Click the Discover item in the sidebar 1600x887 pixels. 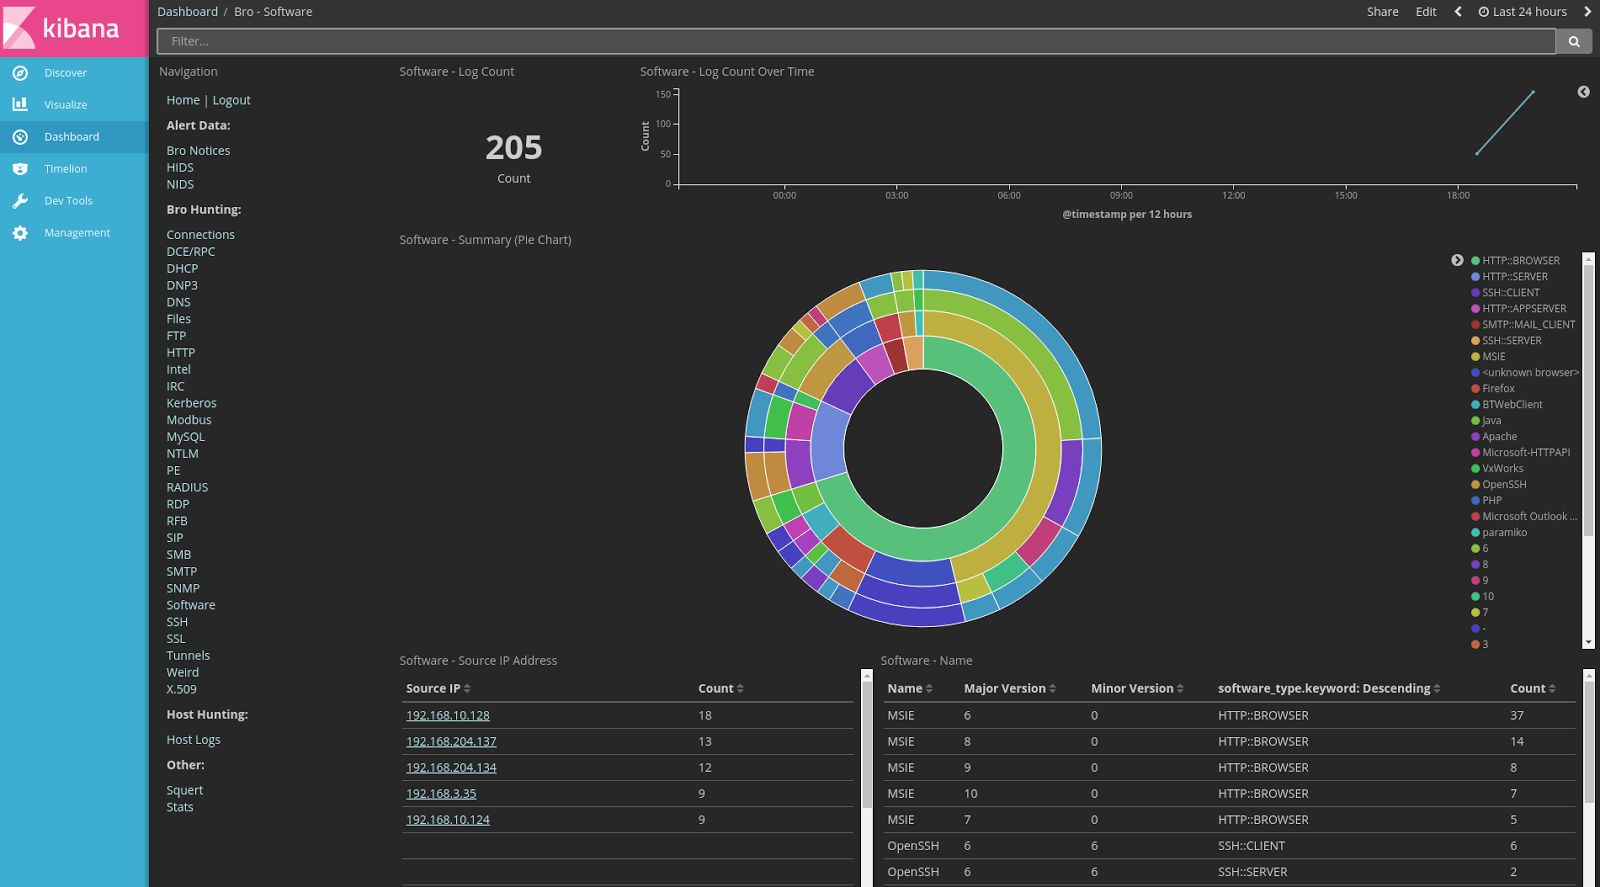65,73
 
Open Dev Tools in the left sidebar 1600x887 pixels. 68,201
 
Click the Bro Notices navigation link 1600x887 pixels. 198,151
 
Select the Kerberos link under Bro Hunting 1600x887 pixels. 191,403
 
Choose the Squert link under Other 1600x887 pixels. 184,790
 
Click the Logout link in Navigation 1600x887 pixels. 231,100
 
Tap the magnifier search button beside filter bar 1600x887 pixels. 1573,41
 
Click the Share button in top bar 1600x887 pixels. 1382,12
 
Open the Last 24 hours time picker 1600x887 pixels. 1523,12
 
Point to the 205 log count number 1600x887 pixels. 513,148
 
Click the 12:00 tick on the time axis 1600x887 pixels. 1233,195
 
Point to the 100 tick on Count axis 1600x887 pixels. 663,124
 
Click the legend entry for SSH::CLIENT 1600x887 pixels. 1510,293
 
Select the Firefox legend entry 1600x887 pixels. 1498,389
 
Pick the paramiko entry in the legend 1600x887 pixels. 1504,533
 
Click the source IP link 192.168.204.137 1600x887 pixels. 451,742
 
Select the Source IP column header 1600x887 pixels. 433,689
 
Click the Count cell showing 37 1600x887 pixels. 1517,716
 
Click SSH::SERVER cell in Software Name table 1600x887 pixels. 1252,872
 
